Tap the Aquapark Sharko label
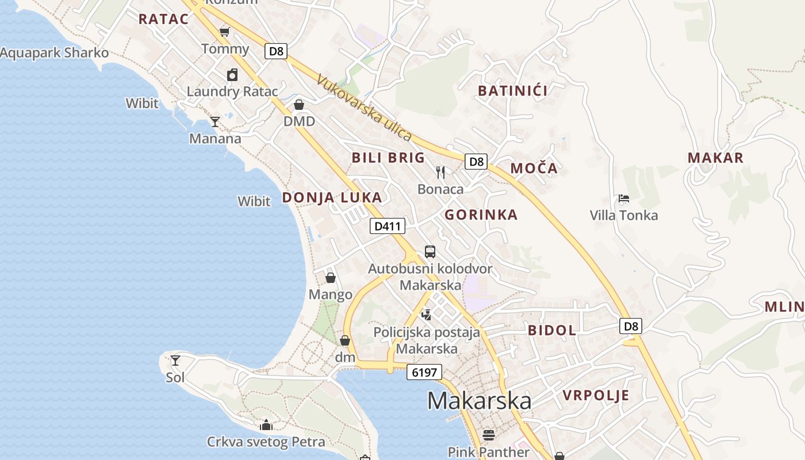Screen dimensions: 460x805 [x=54, y=53]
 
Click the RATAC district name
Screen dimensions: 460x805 [x=163, y=19]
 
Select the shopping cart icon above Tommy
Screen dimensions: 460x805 [x=225, y=31]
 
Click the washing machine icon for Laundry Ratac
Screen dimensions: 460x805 [x=232, y=75]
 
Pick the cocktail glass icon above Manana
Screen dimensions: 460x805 [x=215, y=121]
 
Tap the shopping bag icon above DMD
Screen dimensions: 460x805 [x=299, y=105]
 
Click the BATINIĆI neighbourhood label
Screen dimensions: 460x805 [x=512, y=90]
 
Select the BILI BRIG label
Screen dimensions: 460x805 [x=388, y=158]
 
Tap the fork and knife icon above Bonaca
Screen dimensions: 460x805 [x=440, y=172]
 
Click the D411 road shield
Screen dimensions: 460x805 [x=387, y=226]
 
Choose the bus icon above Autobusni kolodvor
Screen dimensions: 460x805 [x=430, y=251]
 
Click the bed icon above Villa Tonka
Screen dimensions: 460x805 [x=624, y=199]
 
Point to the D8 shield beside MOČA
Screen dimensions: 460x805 [x=477, y=162]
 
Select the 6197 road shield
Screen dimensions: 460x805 [x=424, y=372]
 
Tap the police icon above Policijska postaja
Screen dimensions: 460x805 [x=426, y=315]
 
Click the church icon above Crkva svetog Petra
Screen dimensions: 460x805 [x=266, y=425]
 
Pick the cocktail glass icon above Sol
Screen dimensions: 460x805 [x=175, y=361]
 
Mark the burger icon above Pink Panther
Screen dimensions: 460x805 [x=488, y=435]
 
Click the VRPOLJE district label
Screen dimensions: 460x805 [x=596, y=395]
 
